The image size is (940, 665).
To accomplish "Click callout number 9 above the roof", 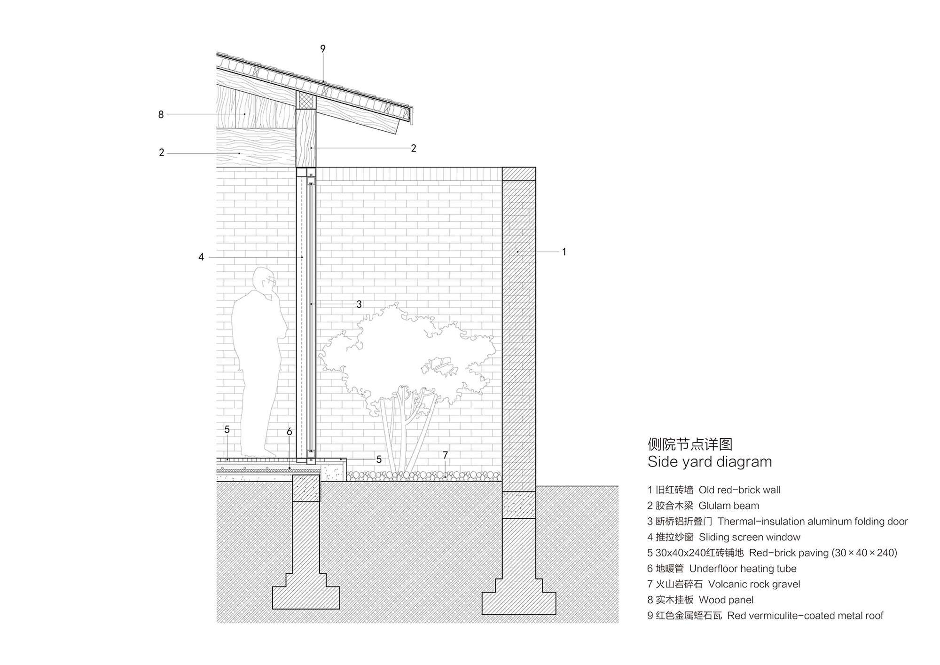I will pos(322,48).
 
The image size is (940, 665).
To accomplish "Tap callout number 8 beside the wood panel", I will pos(161,114).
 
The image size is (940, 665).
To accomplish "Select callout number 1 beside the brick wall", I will pos(564,252).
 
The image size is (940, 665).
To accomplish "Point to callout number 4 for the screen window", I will pos(201,257).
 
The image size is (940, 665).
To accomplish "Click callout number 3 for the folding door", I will pos(359,304).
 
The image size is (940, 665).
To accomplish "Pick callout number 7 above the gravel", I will pos(445,455).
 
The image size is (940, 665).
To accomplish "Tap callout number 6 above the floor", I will pos(289,431).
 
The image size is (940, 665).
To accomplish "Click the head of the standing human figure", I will pos(263,279).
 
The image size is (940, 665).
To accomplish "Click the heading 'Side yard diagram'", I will pos(709,462).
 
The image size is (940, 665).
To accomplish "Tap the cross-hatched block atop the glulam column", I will pos(305,100).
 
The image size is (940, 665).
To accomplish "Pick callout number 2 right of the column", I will pos(413,148).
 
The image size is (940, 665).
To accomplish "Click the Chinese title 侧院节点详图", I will pos(690,444).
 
